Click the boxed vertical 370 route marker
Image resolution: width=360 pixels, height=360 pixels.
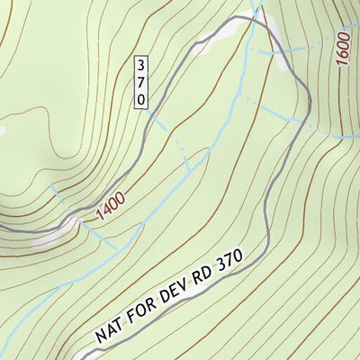[140, 82]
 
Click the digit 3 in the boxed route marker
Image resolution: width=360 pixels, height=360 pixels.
[140, 65]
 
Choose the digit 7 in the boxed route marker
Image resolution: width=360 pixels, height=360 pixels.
[140, 82]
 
